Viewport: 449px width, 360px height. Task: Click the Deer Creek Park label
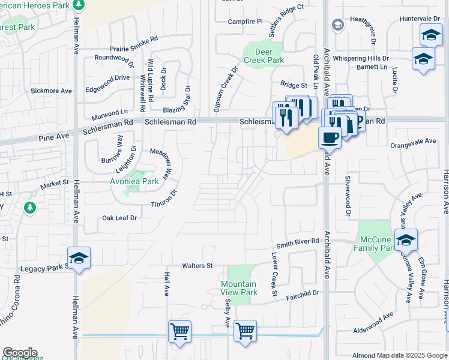264,56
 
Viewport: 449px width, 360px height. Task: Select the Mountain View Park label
238,288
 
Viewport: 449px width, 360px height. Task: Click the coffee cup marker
329,137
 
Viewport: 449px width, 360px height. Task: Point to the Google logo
20,353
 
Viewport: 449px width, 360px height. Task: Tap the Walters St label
197,265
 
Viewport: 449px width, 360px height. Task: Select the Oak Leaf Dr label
119,218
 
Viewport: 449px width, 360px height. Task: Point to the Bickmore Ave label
51,91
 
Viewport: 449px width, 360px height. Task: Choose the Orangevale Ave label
413,142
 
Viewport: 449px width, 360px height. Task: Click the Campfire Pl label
246,22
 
